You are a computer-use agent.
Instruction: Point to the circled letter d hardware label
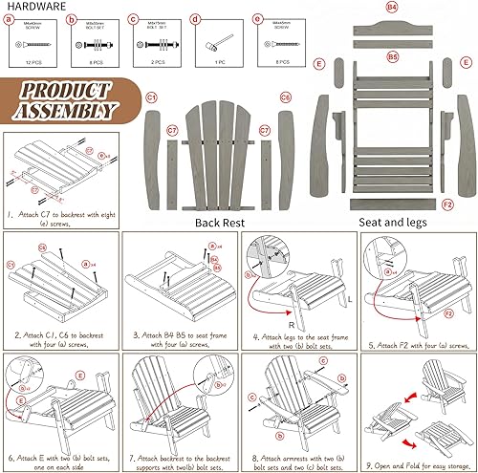click(x=196, y=18)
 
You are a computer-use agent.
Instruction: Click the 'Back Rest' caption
click(x=220, y=221)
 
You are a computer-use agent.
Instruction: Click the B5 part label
click(x=392, y=57)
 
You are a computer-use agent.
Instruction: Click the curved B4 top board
click(x=391, y=26)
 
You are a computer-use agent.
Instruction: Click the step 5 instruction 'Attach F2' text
click(x=415, y=340)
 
